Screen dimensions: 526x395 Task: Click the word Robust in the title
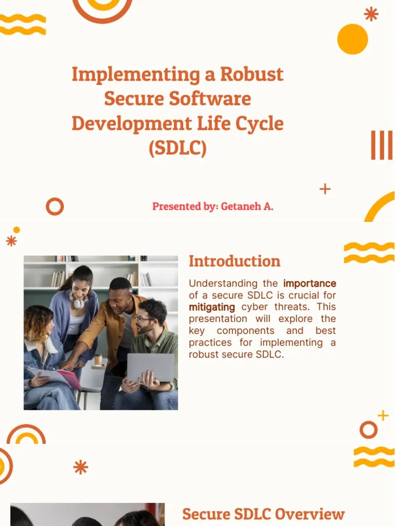252,74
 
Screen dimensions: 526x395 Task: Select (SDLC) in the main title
177,148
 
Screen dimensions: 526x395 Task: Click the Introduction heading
235,261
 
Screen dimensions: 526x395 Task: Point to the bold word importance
310,284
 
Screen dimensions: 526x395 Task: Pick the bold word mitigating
211,307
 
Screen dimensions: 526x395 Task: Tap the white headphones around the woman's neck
77,300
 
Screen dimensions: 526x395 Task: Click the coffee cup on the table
98,360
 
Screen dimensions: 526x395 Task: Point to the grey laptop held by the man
150,367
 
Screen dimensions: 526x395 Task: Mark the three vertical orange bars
382,145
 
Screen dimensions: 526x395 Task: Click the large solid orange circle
353,39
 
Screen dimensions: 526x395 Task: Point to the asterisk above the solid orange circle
371,14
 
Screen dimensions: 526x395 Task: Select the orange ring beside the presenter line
55,206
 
